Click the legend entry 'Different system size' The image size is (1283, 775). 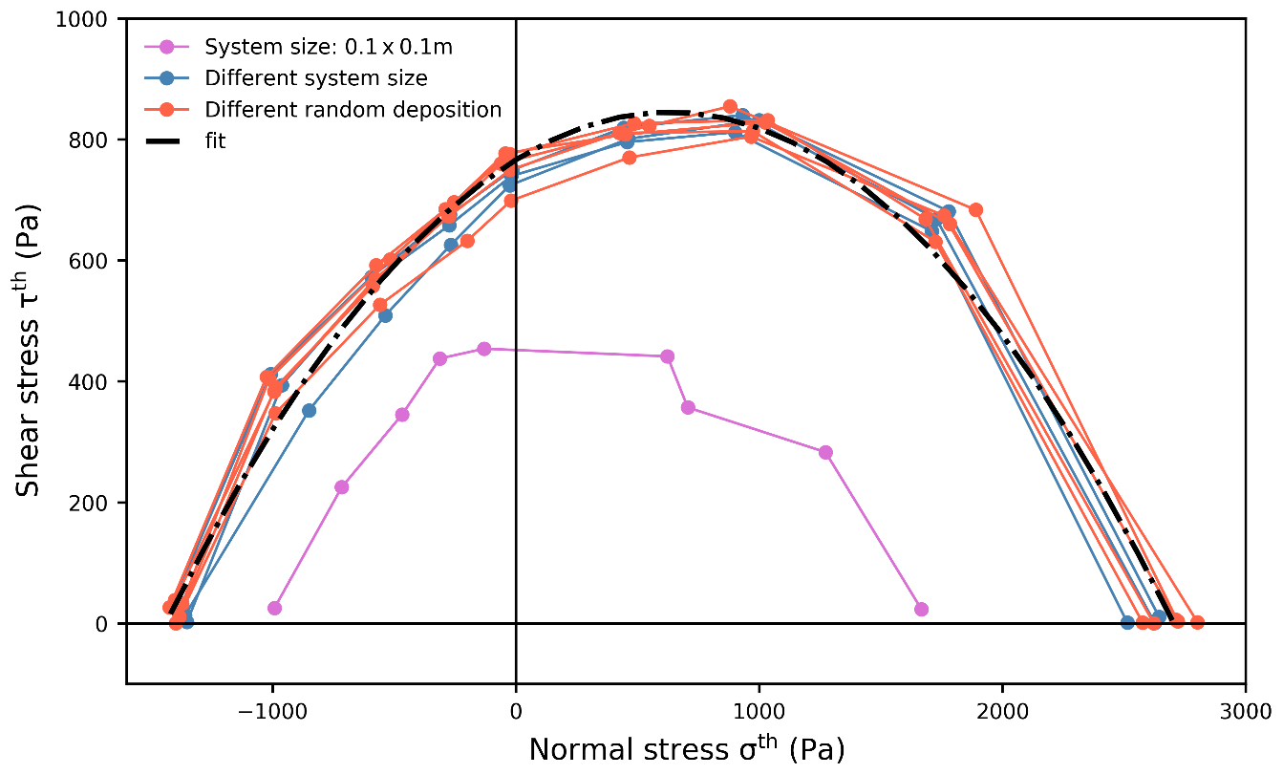316,77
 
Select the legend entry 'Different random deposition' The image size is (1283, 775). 353,109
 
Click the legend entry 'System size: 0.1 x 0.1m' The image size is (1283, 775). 329,46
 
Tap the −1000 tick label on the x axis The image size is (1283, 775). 272,711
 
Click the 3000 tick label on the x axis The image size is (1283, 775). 1245,711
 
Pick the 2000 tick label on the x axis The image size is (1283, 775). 1002,711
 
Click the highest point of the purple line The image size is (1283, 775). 484,349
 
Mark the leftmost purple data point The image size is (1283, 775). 275,608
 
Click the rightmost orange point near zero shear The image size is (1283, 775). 1197,622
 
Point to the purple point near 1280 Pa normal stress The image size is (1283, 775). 825,452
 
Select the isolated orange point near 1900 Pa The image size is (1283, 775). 975,210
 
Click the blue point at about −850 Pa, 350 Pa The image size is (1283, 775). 309,411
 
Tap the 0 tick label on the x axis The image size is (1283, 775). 516,711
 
